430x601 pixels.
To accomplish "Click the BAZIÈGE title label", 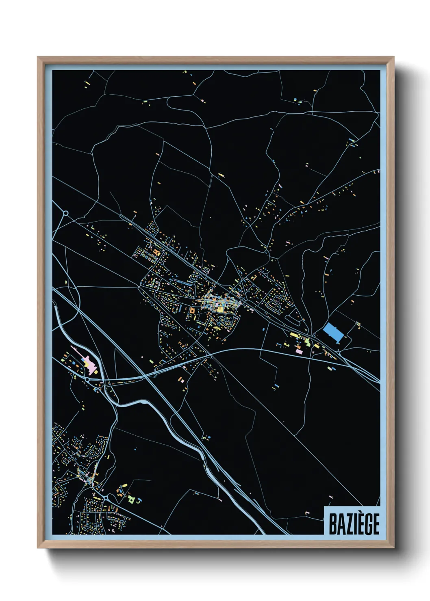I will click(x=353, y=523).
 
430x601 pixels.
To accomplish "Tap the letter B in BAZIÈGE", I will click(x=332, y=524).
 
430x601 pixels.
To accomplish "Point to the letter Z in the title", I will click(x=347, y=524).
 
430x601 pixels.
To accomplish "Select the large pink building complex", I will click(x=90, y=362).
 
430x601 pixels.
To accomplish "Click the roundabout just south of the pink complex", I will click(x=87, y=379).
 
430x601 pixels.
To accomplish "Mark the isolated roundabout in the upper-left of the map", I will click(x=65, y=213).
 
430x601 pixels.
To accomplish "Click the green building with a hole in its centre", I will click(x=131, y=498).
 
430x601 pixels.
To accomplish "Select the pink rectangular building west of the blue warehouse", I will click(x=299, y=352).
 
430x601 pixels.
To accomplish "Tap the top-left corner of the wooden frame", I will click(x=38, y=57).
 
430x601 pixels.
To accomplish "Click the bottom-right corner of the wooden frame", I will click(x=394, y=548).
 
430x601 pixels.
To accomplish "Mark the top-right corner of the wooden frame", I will click(x=394, y=57).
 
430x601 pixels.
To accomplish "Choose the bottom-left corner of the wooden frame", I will click(x=38, y=548).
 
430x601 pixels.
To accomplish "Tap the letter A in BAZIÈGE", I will click(x=339, y=524).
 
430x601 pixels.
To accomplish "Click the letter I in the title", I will click(x=353, y=524).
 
